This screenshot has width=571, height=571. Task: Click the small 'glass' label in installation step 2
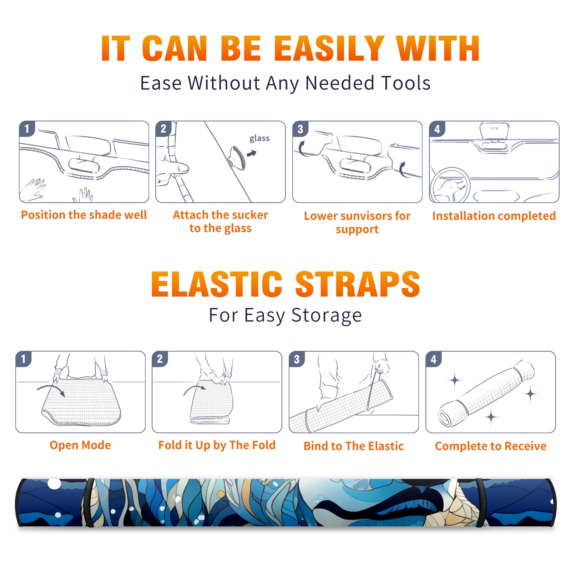pyautogui.click(x=259, y=138)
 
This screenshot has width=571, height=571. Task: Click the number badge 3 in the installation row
pyautogui.click(x=300, y=129)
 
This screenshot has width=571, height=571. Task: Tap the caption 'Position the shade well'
pyautogui.click(x=84, y=215)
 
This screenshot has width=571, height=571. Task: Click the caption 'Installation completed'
pyautogui.click(x=494, y=216)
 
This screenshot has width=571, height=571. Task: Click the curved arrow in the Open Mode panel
pyautogui.click(x=51, y=389)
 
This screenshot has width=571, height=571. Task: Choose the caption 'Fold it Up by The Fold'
pyautogui.click(x=217, y=445)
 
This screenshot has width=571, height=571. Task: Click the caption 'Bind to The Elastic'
pyautogui.click(x=354, y=446)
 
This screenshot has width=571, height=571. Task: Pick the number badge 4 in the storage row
pyautogui.click(x=434, y=359)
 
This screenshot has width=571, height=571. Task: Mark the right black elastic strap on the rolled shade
pyautogui.click(x=481, y=502)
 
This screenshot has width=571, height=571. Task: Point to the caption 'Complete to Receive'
pyautogui.click(x=491, y=446)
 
